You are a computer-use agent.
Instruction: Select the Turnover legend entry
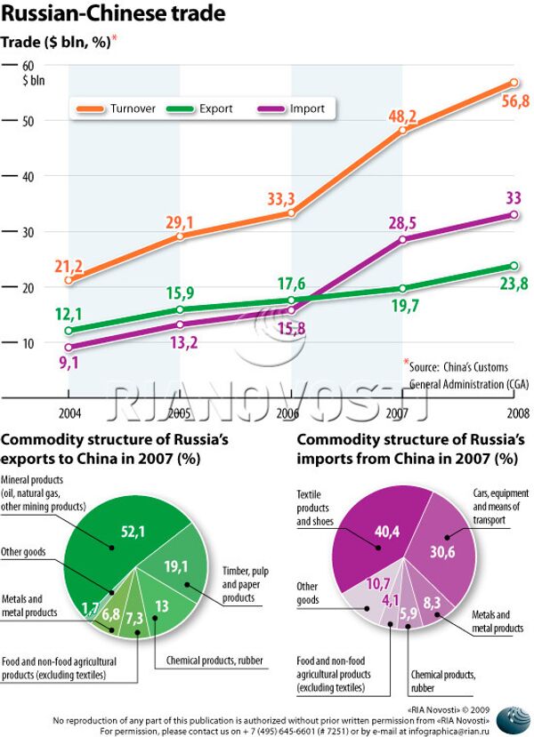[x=133, y=108]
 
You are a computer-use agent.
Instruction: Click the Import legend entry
[x=307, y=108]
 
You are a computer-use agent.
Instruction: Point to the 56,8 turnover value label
[x=514, y=102]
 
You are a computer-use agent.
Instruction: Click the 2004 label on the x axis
[x=69, y=414]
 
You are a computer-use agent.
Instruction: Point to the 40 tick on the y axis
[x=28, y=176]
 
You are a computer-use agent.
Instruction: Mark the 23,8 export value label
[x=514, y=284]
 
